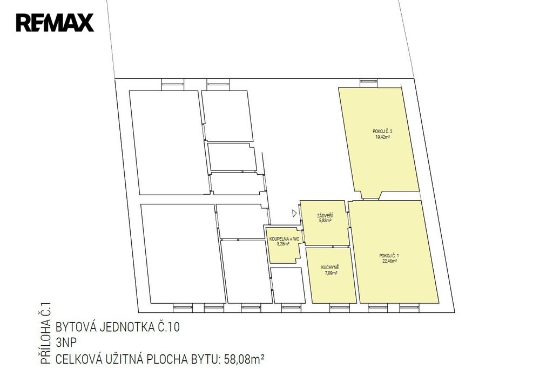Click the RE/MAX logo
click(55, 23)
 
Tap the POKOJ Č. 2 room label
click(382, 132)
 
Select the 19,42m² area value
click(382, 137)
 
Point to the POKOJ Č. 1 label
click(389, 256)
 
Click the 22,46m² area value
click(389, 262)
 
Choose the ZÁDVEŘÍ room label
click(325, 215)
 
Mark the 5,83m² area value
click(325, 221)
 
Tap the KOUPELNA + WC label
click(284, 239)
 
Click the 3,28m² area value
click(283, 244)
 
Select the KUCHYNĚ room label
click(330, 268)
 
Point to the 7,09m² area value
click(331, 273)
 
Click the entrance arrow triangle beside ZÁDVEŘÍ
click(294, 213)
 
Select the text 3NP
click(66, 343)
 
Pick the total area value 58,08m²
click(244, 359)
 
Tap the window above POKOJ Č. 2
click(368, 83)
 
